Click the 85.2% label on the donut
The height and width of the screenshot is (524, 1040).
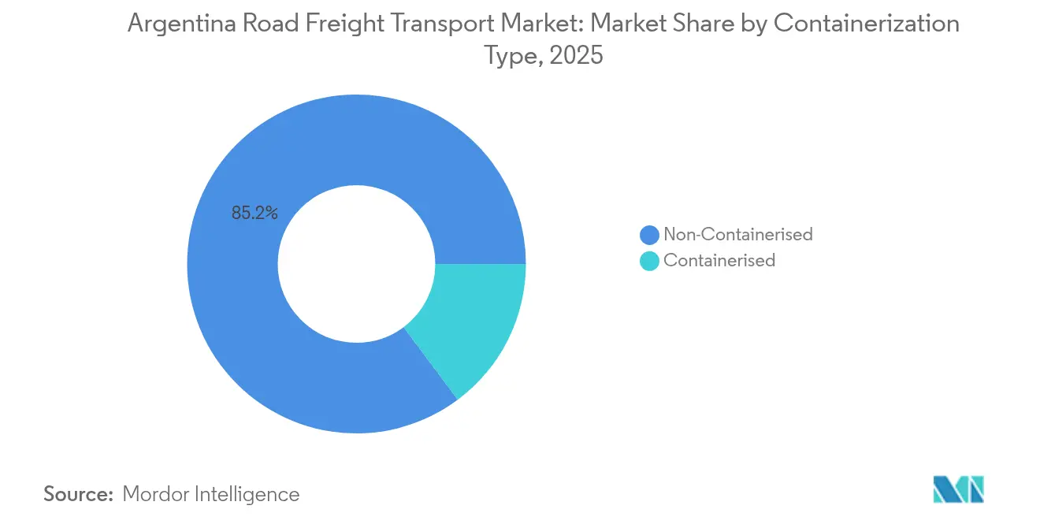[254, 213]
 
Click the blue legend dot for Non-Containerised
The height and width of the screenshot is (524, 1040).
[649, 235]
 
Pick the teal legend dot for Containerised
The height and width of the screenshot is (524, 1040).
[649, 261]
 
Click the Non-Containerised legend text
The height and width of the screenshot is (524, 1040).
[737, 234]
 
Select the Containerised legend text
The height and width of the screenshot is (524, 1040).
[719, 260]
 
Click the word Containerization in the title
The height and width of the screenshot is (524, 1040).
[867, 24]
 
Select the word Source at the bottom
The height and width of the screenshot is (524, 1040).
[78, 494]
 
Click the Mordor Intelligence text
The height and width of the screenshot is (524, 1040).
[211, 494]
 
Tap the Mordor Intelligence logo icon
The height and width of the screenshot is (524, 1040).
[958, 489]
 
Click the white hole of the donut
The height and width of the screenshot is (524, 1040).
[356, 264]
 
